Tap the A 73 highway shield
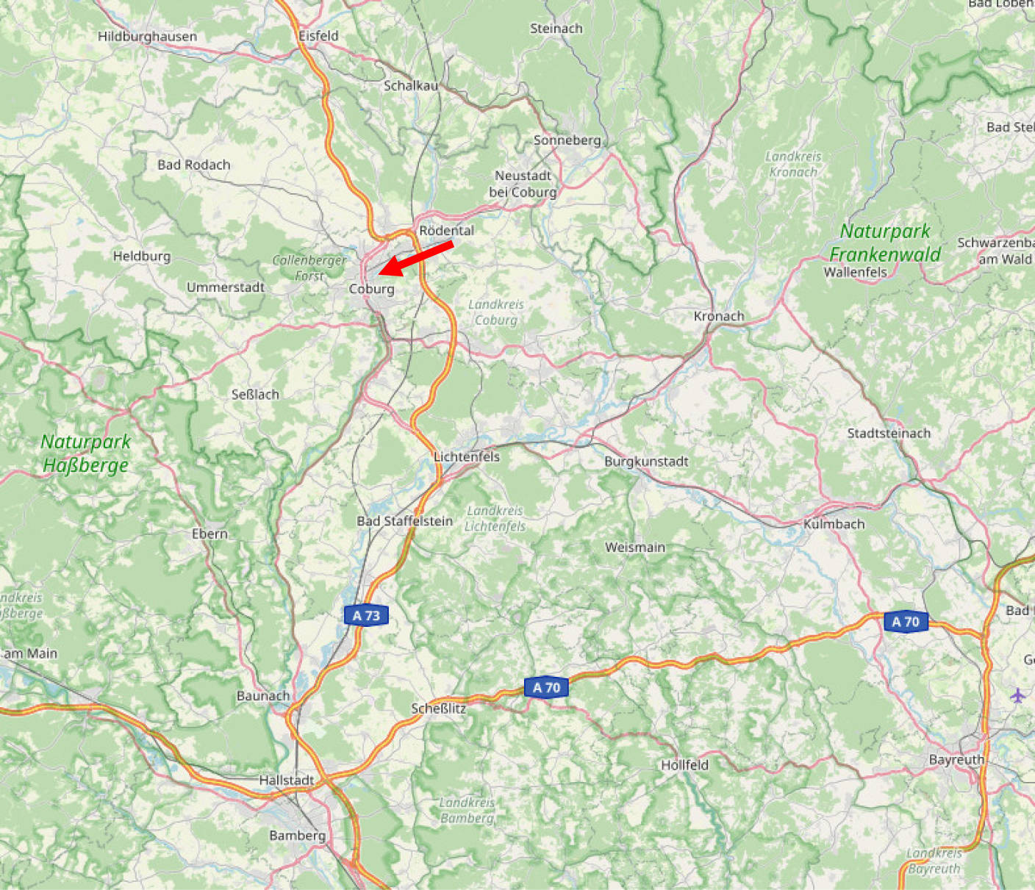pyautogui.click(x=366, y=615)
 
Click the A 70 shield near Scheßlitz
pyautogui.click(x=546, y=688)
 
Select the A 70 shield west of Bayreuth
pyautogui.click(x=906, y=622)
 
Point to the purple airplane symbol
pyautogui.click(x=1017, y=695)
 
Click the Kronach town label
pyautogui.click(x=719, y=316)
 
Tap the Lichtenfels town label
pyautogui.click(x=467, y=456)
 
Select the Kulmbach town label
pyautogui.click(x=834, y=524)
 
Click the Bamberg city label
pyautogui.click(x=297, y=835)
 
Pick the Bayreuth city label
pyautogui.click(x=956, y=759)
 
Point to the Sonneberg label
pyautogui.click(x=567, y=140)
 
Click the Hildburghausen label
pyautogui.click(x=147, y=36)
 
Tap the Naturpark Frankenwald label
pyautogui.click(x=885, y=243)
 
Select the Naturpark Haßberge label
pyautogui.click(x=85, y=453)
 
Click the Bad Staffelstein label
pyautogui.click(x=404, y=521)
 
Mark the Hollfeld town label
pyautogui.click(x=684, y=764)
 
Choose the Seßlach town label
pyautogui.click(x=255, y=394)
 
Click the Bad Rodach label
pyautogui.click(x=193, y=165)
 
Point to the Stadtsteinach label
pyautogui.click(x=889, y=433)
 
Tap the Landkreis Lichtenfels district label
pyautogui.click(x=495, y=518)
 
